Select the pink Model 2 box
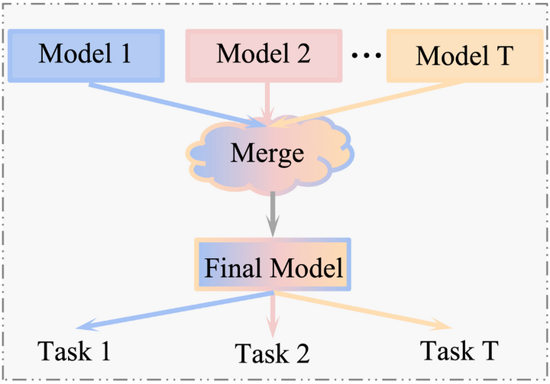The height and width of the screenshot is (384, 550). pos(264,56)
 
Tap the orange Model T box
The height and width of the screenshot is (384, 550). pos(458,56)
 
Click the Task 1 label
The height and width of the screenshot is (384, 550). pos(75,351)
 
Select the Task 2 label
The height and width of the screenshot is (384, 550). pos(272,353)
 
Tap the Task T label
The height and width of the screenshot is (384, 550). pos(459,350)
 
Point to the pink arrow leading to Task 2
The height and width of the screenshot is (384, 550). pos(273,313)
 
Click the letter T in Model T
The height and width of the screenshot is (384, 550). pos(504,56)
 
